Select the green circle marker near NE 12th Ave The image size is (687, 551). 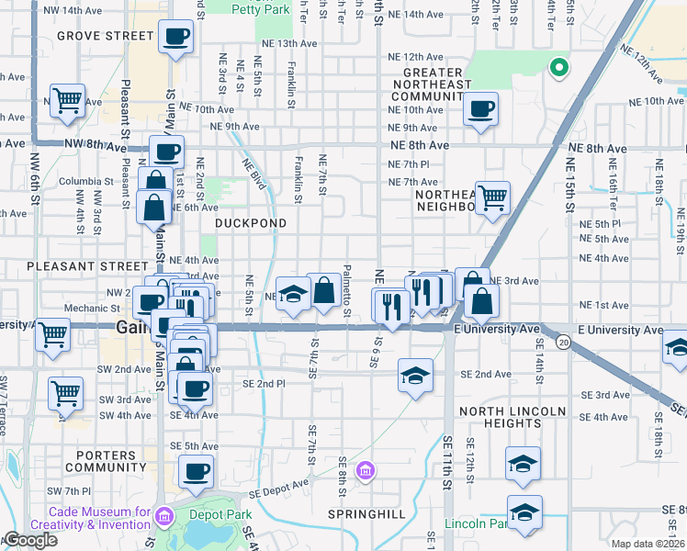[x=556, y=66]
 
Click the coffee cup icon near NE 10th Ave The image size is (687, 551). [x=480, y=109]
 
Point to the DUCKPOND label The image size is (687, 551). [x=251, y=223]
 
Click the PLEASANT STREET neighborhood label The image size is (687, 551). [x=74, y=265]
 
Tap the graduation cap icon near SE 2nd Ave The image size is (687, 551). [x=415, y=375]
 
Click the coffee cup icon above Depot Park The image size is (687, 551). [x=196, y=472]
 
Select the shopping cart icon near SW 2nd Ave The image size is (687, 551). [x=66, y=393]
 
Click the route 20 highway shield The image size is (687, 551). [x=562, y=343]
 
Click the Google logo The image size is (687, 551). [x=30, y=541]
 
